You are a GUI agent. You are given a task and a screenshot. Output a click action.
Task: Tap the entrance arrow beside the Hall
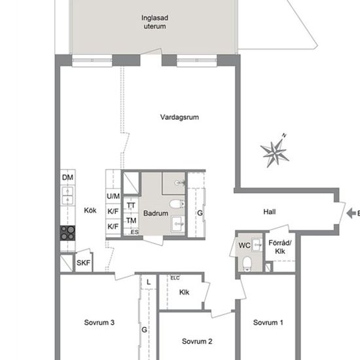click(351, 213)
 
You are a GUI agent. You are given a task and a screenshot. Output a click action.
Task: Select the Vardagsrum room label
click(179, 117)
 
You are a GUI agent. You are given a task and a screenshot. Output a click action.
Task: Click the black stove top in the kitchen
click(67, 233)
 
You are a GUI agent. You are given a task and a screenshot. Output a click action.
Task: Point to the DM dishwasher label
click(67, 177)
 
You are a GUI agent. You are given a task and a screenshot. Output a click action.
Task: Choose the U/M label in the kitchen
click(113, 196)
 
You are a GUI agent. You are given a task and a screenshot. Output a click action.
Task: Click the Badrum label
click(156, 213)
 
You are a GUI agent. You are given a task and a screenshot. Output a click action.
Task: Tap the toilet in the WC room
click(247, 263)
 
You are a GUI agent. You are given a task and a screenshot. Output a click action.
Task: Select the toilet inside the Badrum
click(177, 204)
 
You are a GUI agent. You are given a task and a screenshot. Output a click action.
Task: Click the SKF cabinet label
click(83, 262)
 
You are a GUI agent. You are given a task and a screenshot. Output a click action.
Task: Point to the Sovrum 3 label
click(99, 323)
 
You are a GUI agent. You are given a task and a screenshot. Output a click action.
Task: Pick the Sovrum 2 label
click(197, 342)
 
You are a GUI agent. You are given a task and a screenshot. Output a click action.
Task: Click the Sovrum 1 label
click(268, 323)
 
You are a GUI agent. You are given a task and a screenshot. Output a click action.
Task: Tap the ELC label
click(175, 278)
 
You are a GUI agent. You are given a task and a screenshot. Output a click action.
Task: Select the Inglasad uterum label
click(154, 22)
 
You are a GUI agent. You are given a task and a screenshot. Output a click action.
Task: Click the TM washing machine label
click(131, 221)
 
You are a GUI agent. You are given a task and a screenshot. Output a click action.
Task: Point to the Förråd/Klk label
click(280, 247)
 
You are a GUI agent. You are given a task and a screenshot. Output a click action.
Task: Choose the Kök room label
click(90, 210)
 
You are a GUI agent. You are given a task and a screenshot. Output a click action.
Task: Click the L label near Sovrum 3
click(149, 282)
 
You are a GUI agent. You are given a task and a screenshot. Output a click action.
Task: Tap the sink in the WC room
click(257, 245)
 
